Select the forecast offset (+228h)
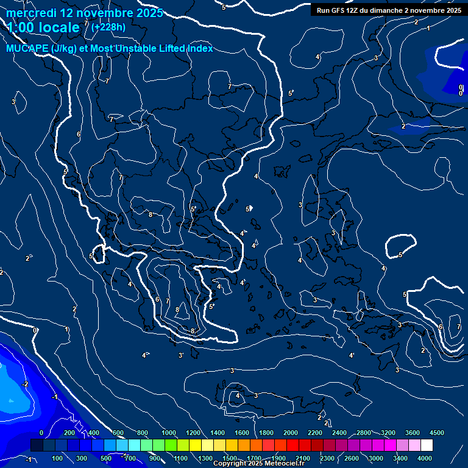[x=109, y=27]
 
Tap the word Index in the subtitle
[x=198, y=48]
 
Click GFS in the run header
[x=338, y=10]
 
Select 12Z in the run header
[x=353, y=10]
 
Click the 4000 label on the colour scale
[x=425, y=458]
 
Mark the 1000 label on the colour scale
[x=169, y=433]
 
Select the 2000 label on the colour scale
[x=291, y=433]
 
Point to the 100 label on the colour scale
[x=58, y=458]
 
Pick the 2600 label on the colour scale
[x=352, y=458]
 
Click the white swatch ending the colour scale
[x=427, y=445]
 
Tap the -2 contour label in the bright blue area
[x=26, y=384]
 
